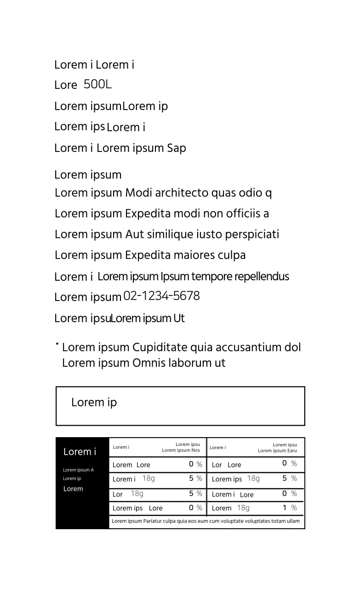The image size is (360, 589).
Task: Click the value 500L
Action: click(x=97, y=85)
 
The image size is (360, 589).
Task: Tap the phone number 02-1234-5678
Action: click(x=161, y=296)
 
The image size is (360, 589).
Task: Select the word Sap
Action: click(x=177, y=148)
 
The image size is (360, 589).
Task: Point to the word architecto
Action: click(x=182, y=193)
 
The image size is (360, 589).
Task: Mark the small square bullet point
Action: click(x=57, y=344)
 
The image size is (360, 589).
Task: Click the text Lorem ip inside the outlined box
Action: click(x=94, y=403)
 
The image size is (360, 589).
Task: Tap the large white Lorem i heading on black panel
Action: click(x=80, y=452)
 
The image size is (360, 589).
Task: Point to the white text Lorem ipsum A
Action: click(x=78, y=470)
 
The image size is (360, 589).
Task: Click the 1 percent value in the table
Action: click(x=285, y=508)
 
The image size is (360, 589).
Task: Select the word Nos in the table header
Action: click(x=196, y=450)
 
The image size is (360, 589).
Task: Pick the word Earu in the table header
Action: click(x=292, y=451)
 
